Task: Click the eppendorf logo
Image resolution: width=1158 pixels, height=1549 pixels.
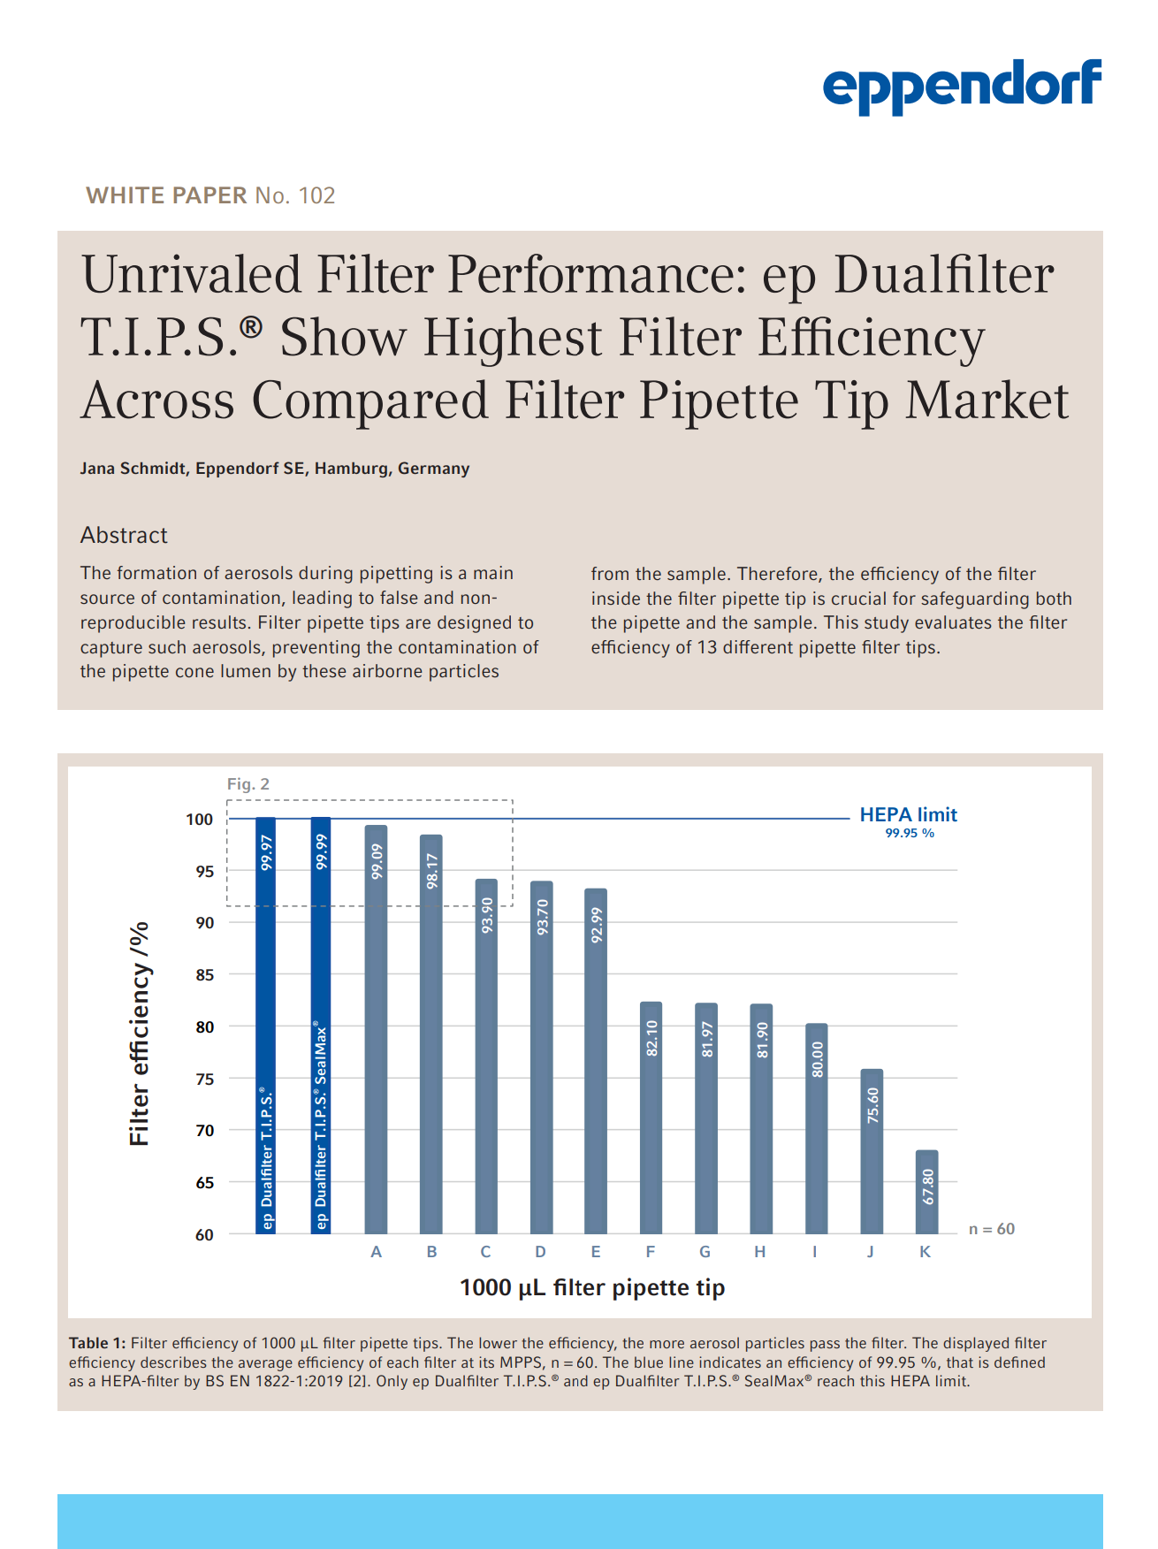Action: coord(962,86)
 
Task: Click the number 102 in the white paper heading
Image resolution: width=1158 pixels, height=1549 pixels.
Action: coord(316,195)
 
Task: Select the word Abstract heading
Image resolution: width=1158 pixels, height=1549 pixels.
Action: coord(124,535)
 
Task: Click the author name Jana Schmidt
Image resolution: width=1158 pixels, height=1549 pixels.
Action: coord(133,469)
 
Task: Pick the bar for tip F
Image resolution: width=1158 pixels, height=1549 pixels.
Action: coord(651,1118)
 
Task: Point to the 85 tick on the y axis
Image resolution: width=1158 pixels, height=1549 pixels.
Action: coord(204,975)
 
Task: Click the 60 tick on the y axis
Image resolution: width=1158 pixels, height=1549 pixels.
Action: coord(204,1235)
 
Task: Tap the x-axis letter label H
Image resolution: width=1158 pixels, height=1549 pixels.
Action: coord(760,1252)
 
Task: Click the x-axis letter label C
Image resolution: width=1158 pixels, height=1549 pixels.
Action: coord(485,1252)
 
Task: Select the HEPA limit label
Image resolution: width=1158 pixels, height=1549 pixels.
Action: coord(908,815)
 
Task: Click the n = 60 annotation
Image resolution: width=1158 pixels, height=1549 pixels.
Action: coord(991,1229)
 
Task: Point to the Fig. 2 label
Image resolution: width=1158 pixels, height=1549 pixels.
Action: coord(248,784)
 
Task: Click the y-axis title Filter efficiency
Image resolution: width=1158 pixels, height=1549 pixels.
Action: coord(140,1034)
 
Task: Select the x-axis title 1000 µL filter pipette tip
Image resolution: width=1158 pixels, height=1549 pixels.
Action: coord(592,1287)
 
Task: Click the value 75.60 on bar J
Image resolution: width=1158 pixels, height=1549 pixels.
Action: coord(872,1105)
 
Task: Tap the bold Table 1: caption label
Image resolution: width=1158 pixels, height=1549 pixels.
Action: coord(97,1343)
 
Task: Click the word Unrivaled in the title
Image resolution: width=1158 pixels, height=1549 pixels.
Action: coord(191,275)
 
